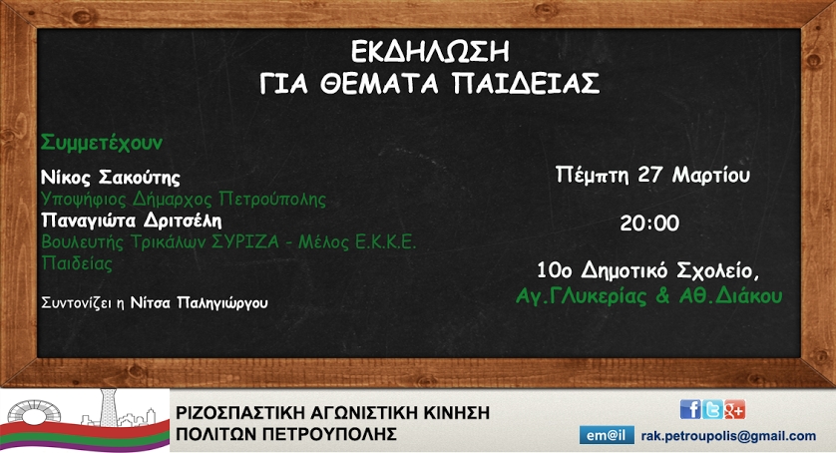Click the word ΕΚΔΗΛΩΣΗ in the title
(x=430, y=52)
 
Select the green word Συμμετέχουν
(x=102, y=143)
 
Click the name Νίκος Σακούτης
(x=111, y=177)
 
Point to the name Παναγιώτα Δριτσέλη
(x=131, y=220)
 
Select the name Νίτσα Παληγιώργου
(x=199, y=303)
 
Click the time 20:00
(x=649, y=224)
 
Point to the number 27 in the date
(x=649, y=175)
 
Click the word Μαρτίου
(x=710, y=175)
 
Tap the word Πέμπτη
(x=592, y=176)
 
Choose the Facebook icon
(x=690, y=409)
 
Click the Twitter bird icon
(x=712, y=409)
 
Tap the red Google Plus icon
(x=734, y=409)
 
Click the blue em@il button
(x=607, y=435)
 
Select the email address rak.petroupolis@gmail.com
(x=728, y=436)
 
